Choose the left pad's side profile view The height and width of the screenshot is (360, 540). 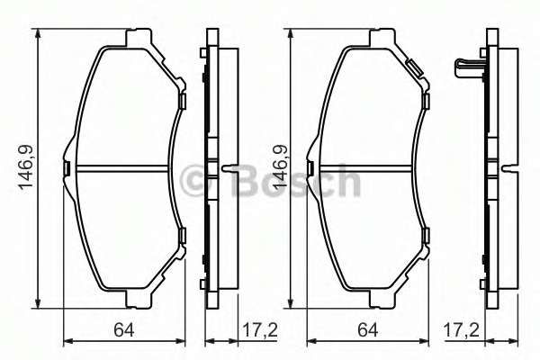click(x=213, y=167)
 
